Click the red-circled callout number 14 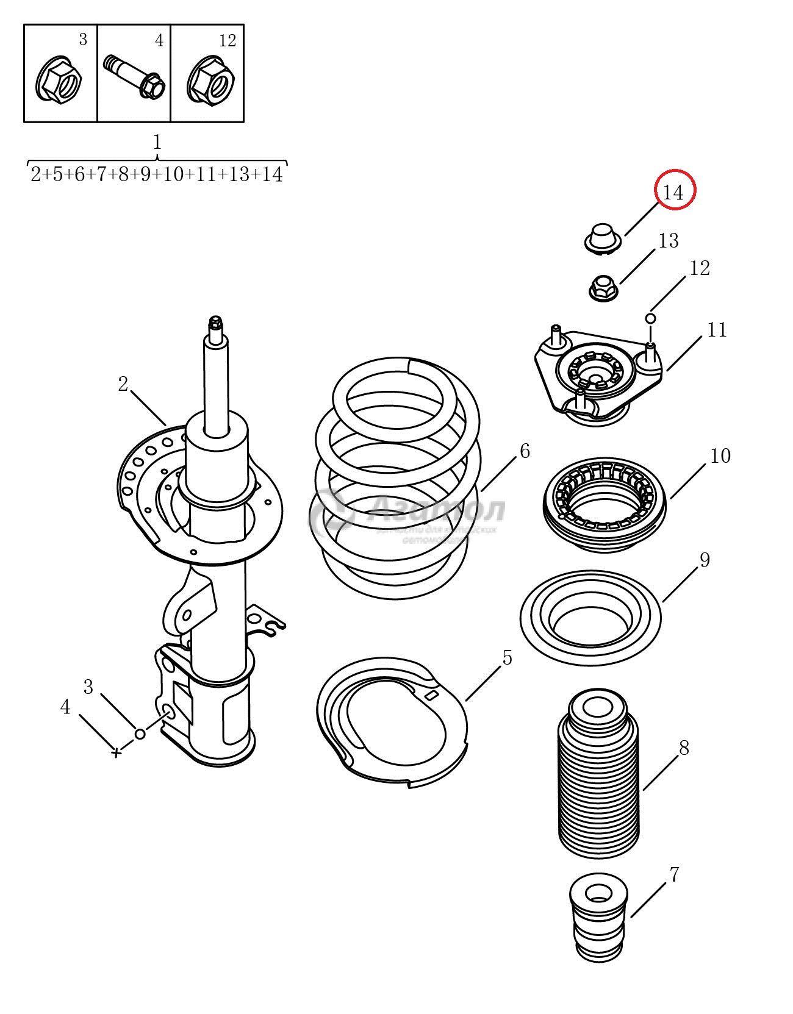[674, 192]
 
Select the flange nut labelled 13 [603, 287]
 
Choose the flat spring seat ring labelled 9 [590, 617]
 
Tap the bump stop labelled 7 [597, 921]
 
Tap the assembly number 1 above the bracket [157, 143]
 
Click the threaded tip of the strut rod [215, 322]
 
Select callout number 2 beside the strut [124, 385]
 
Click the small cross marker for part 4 [116, 752]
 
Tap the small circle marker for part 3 [140, 734]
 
